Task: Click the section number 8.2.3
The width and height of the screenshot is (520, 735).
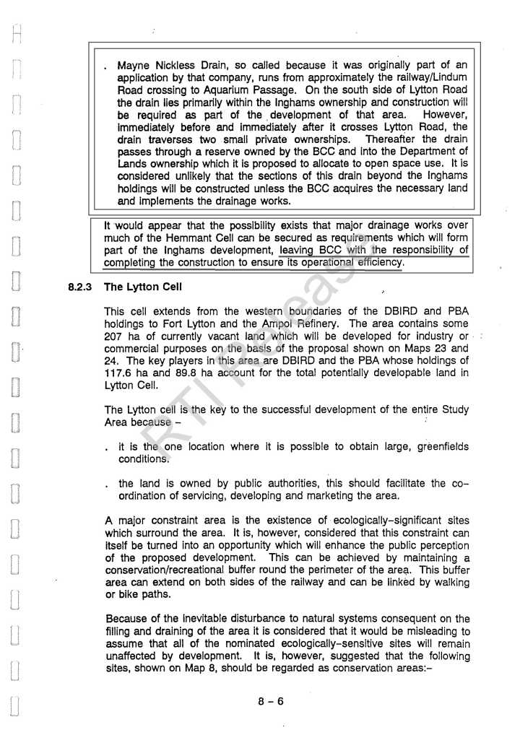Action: [80, 287]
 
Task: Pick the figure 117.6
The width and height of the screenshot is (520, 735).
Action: [120, 373]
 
